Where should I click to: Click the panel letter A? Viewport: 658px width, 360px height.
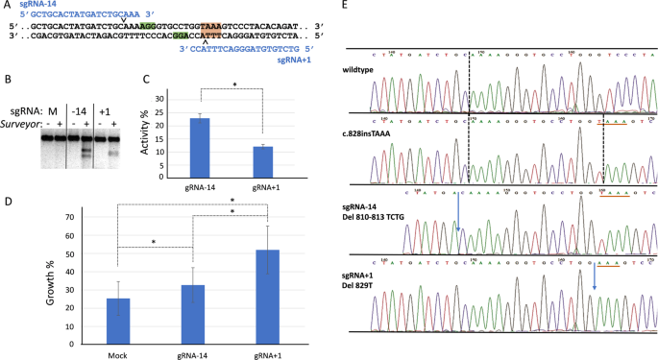click(6, 7)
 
